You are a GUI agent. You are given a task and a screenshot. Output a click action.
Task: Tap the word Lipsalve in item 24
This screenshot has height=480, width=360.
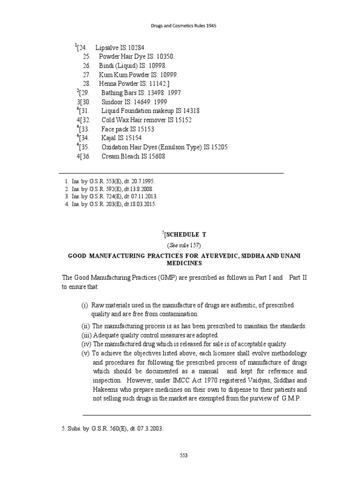(x=108, y=48)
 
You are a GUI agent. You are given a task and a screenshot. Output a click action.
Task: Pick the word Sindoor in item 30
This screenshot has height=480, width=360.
(x=114, y=102)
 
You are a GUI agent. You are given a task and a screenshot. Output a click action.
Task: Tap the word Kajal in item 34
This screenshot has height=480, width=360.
(x=109, y=138)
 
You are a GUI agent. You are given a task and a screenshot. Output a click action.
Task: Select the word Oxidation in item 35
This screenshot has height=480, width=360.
(x=117, y=147)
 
